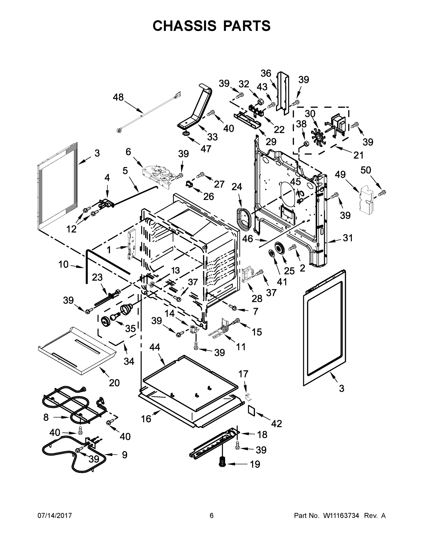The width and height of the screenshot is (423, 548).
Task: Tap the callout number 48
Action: point(118,97)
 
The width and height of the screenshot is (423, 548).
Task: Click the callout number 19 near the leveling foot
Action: point(255,464)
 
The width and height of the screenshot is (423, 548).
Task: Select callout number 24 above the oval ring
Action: point(236,187)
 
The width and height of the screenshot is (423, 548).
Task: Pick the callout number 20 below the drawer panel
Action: point(114,383)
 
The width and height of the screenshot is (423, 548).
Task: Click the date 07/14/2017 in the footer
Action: point(55,516)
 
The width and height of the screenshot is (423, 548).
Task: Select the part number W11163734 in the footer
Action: point(341,516)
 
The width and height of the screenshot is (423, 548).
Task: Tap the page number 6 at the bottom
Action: point(212,516)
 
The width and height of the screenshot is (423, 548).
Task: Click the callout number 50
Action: point(366,170)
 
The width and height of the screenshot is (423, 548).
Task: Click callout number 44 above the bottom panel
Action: point(155,347)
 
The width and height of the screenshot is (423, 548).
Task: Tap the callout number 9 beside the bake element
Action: point(125,455)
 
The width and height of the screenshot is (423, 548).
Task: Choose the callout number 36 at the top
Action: point(266,73)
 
